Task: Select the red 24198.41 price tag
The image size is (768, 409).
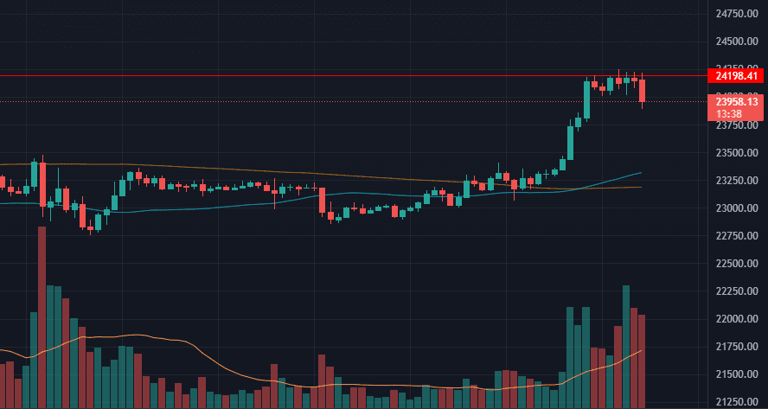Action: click(735, 76)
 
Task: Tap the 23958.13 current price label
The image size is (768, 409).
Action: click(735, 101)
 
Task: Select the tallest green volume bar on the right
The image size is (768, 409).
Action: click(626, 346)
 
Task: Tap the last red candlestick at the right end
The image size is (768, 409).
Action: click(643, 91)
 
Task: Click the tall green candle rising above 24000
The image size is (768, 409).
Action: click(586, 99)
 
